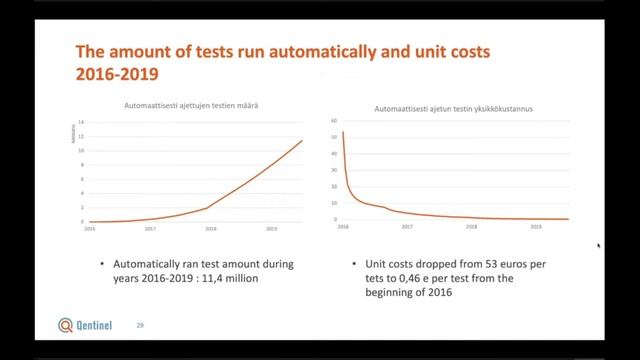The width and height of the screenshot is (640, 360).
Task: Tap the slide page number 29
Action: point(140,325)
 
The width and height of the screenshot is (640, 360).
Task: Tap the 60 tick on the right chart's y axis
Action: point(335,122)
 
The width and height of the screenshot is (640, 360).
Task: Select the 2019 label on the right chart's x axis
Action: point(536,227)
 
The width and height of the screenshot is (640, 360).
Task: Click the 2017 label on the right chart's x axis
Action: point(406,227)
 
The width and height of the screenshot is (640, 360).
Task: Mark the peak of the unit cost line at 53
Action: point(343,132)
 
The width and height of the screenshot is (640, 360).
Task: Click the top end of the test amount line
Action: point(301,141)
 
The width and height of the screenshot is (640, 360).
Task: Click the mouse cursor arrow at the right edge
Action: point(598,245)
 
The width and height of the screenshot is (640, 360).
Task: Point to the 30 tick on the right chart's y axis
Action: point(335,170)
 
